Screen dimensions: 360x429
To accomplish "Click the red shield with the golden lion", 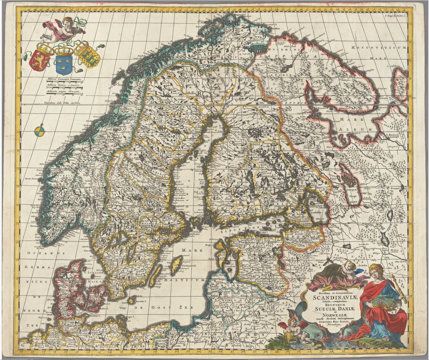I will point(40,58).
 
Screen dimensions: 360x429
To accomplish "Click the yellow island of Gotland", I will point(176,265).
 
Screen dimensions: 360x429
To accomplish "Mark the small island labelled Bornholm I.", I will point(133,300).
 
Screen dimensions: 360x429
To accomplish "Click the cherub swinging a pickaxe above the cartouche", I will point(350,268).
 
